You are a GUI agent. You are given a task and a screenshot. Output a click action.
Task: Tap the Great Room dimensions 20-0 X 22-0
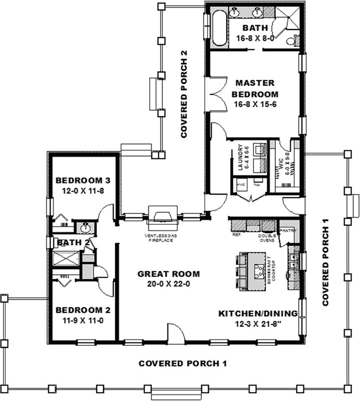[x=169, y=284]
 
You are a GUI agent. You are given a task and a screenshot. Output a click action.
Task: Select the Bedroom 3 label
[x=83, y=180]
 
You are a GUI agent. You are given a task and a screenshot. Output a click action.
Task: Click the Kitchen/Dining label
[x=258, y=314]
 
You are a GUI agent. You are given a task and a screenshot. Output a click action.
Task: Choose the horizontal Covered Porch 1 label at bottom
[x=179, y=363]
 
